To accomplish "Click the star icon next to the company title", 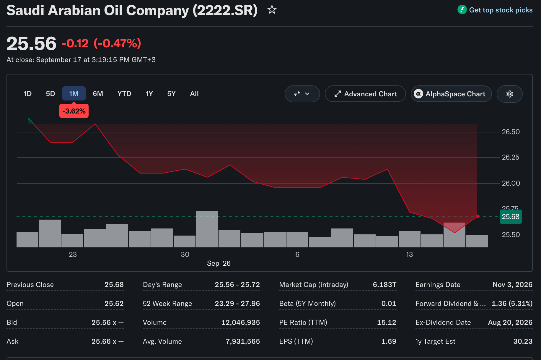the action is [272, 10].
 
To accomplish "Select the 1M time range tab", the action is [74, 94].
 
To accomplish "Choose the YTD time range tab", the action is [124, 94].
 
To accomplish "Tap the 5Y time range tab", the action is [171, 94].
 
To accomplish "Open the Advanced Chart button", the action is [365, 94].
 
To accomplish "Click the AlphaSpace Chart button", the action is [451, 94].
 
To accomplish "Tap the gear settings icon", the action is [510, 94].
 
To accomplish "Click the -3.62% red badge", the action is [74, 111].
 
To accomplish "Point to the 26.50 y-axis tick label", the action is [511, 132].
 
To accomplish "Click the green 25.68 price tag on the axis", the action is [511, 217].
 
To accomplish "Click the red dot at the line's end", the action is [478, 216].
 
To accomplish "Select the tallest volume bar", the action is [207, 229].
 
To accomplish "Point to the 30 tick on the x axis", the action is [185, 254].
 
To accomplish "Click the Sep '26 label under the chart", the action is [219, 263].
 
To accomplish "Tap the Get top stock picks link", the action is [501, 10].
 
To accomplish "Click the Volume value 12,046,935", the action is [241, 322].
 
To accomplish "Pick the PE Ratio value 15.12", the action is [387, 322].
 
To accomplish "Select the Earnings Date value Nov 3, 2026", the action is [512, 285].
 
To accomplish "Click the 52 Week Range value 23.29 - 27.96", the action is [237, 304].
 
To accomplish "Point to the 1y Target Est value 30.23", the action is [523, 341].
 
